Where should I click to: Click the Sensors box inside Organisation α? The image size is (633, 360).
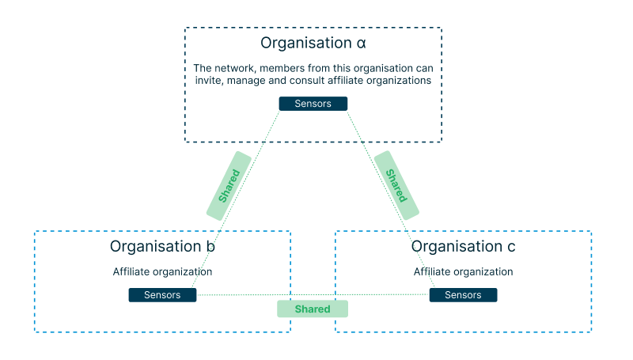(x=313, y=104)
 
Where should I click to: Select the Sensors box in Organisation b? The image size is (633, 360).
(x=162, y=295)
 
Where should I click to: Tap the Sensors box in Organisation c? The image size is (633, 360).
(x=463, y=295)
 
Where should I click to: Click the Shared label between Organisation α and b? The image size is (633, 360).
(x=229, y=185)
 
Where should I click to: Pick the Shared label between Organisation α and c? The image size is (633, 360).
(x=396, y=185)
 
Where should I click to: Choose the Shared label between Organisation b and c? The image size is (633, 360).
(x=313, y=309)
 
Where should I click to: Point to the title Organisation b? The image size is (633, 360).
(x=162, y=247)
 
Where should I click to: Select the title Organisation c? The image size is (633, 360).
(x=463, y=247)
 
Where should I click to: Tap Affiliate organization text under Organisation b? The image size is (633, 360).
(x=162, y=271)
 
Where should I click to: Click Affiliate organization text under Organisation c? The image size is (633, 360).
(x=463, y=271)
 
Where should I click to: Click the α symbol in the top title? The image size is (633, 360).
(x=361, y=43)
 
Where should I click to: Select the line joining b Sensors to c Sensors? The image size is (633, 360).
(x=237, y=295)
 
